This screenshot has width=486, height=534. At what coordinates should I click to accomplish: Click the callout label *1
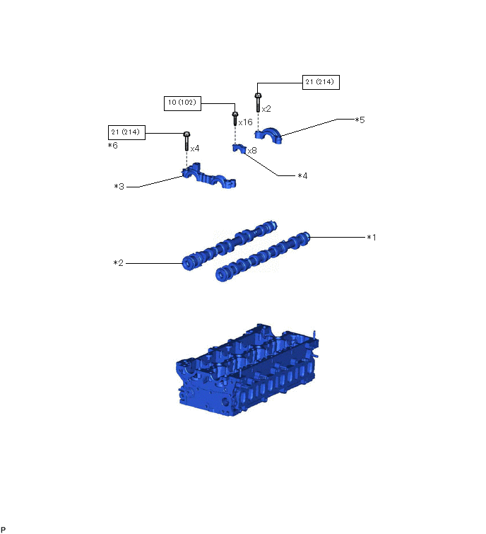(371, 238)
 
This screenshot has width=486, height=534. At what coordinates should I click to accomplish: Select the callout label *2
(118, 263)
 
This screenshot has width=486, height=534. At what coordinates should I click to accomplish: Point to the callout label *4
(302, 175)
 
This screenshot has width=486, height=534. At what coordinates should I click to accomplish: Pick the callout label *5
(360, 120)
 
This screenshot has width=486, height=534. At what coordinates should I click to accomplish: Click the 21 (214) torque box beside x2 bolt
(321, 82)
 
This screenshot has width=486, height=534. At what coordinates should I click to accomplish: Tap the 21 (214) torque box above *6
(126, 132)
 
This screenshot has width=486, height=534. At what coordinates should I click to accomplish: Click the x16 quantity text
(245, 122)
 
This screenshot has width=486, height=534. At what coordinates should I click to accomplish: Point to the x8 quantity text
(252, 150)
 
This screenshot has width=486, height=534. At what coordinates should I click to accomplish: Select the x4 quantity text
(195, 149)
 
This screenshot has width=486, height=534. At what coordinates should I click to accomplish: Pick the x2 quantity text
(266, 109)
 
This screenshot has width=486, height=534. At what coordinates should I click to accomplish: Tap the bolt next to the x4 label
(186, 141)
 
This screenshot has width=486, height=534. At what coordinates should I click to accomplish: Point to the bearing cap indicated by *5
(269, 137)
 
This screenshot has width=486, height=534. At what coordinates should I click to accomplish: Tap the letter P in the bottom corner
(4, 530)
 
